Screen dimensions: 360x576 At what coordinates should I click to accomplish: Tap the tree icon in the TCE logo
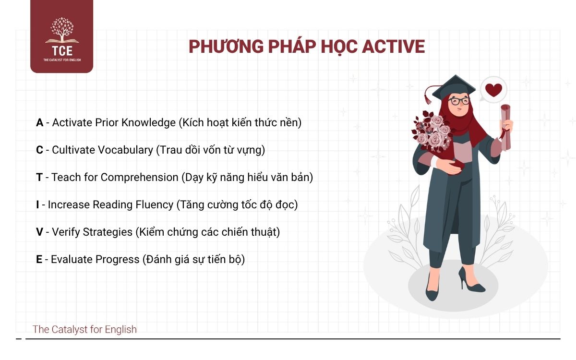(x=62, y=30)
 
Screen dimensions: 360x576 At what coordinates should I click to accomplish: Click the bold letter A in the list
(x=40, y=123)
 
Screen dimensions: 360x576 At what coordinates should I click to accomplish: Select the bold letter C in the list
(x=40, y=150)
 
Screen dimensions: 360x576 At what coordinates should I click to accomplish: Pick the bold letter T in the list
(x=39, y=178)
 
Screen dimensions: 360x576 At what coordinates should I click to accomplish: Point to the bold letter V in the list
(x=40, y=232)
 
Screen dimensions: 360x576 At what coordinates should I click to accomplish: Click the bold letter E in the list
(x=39, y=260)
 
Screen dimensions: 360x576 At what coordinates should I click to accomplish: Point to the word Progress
(x=117, y=260)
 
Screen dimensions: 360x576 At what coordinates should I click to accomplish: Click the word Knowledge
(x=148, y=123)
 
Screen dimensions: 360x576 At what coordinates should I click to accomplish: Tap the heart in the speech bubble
(x=493, y=90)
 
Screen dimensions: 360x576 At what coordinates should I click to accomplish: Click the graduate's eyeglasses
(x=460, y=101)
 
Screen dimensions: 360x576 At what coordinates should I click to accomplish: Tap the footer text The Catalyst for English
(x=84, y=329)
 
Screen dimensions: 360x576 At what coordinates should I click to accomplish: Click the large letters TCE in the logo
(x=61, y=50)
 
